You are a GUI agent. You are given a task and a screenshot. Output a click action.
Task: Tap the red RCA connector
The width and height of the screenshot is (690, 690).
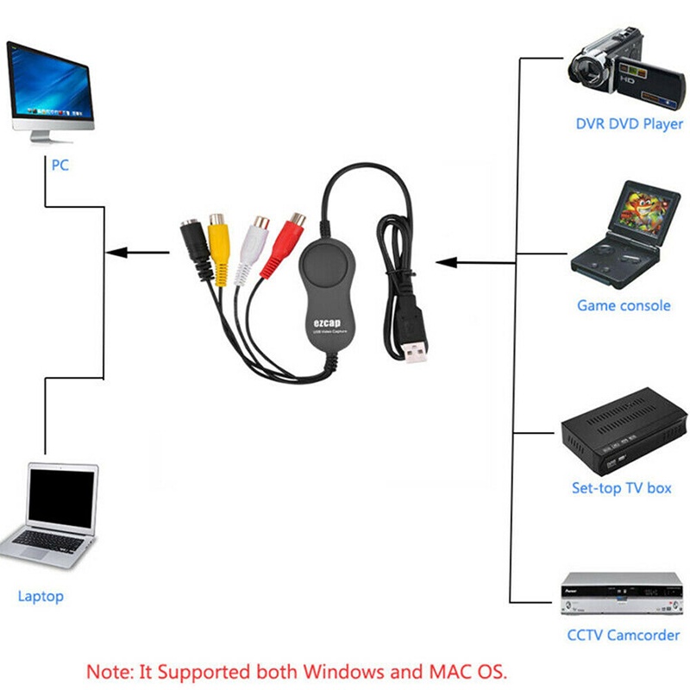pos(293,233)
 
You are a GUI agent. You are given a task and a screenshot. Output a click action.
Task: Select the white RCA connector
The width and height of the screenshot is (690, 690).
pos(255,235)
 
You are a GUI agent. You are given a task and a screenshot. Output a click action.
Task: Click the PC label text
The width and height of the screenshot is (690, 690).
pos(60,165)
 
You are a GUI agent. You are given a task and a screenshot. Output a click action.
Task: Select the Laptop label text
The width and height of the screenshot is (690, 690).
pos(41,596)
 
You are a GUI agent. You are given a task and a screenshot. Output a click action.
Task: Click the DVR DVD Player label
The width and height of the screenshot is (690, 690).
pos(629,124)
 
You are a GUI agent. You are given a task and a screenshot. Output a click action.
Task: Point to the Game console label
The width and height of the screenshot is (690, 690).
pos(623,305)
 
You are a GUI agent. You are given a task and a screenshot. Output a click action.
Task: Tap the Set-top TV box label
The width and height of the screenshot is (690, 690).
pos(621,487)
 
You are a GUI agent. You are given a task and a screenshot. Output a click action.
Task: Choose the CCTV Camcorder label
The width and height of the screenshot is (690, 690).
pos(623,636)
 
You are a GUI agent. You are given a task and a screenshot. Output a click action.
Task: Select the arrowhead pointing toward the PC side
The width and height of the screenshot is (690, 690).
pos(115,253)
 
